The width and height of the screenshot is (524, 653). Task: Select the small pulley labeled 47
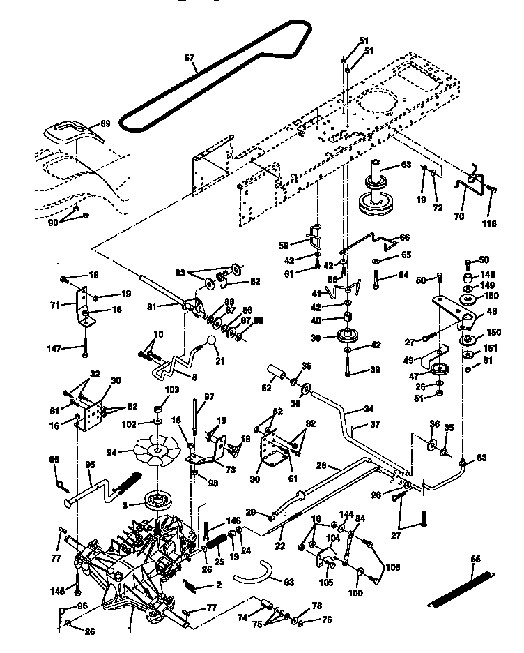[x=438, y=370]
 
